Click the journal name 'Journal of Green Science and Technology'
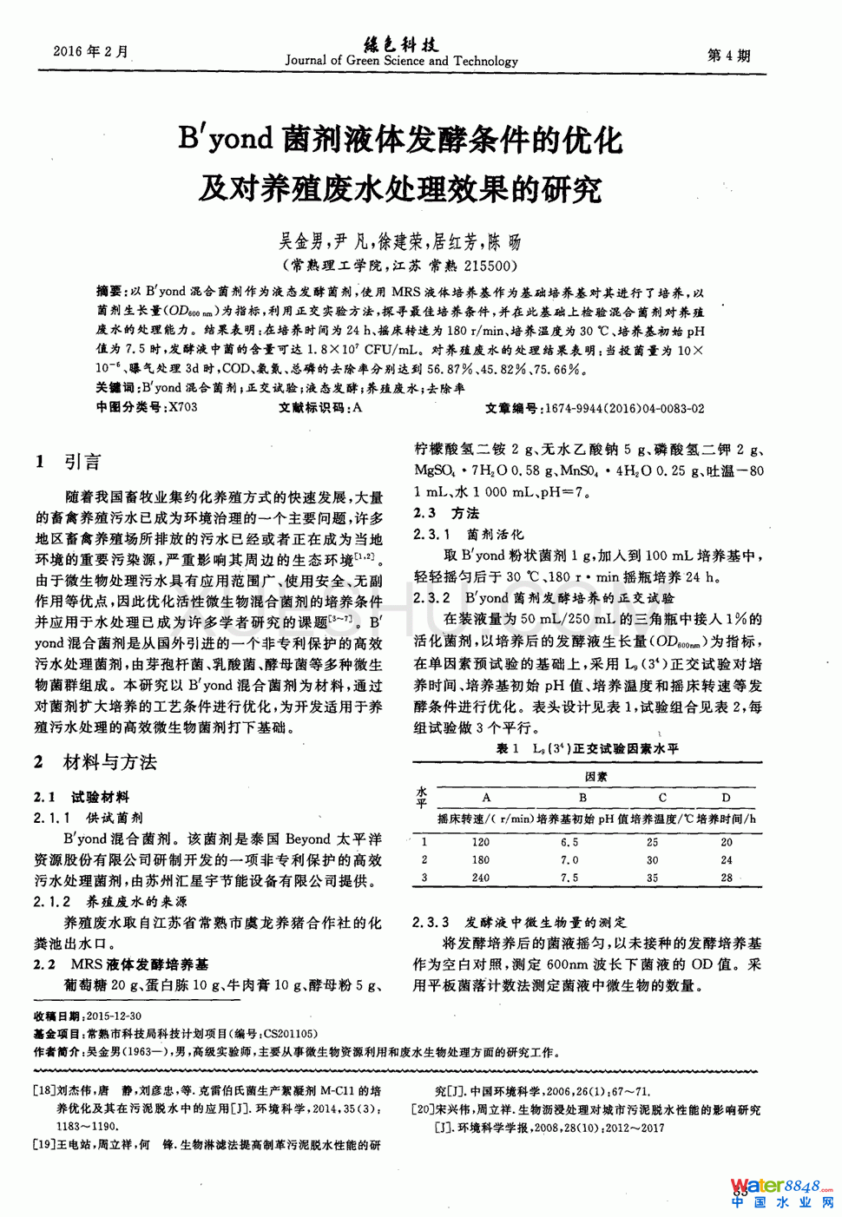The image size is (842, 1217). (x=401, y=61)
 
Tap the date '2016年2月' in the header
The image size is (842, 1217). (x=90, y=52)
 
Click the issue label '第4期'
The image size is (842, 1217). (x=728, y=56)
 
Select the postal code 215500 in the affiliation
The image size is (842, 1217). (x=491, y=266)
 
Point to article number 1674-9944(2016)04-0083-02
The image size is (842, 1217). (x=624, y=408)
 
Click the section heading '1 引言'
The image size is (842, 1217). (x=69, y=462)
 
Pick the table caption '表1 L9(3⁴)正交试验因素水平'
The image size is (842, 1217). (x=587, y=748)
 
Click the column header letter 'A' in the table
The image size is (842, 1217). (x=486, y=797)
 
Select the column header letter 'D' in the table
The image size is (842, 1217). (x=726, y=797)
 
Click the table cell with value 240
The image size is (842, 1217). (x=480, y=878)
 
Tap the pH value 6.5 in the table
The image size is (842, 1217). (x=569, y=842)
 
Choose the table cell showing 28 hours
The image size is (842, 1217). (x=727, y=878)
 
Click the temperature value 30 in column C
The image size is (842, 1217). (x=653, y=860)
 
